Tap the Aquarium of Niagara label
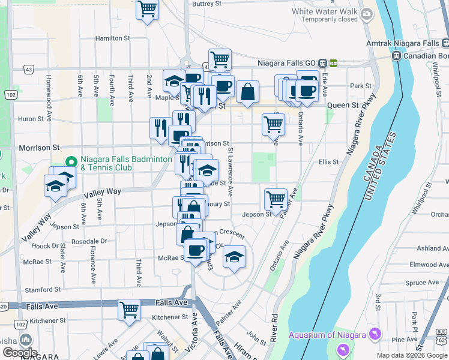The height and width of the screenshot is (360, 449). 334,335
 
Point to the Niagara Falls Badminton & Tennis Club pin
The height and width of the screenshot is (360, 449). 71,163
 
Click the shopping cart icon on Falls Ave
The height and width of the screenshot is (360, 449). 129,310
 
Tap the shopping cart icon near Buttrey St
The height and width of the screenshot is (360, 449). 147,9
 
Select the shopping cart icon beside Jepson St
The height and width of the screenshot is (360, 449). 276,199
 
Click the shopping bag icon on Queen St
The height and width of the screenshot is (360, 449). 247,92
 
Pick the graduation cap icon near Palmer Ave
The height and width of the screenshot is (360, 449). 234,257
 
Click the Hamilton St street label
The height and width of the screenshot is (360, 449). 113,38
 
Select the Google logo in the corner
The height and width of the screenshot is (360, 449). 20,353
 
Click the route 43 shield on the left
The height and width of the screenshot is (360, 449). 28,70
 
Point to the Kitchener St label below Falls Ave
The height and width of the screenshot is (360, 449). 170,317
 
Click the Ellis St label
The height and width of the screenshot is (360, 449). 329,162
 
